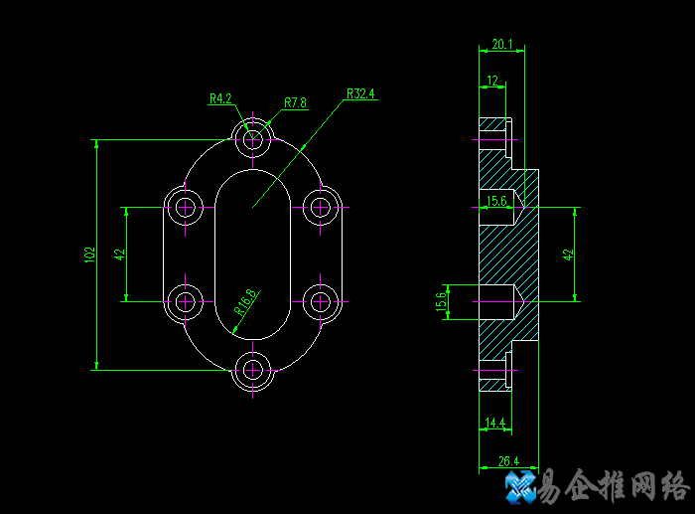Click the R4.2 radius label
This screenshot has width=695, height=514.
click(220, 98)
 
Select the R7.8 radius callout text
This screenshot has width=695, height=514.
click(295, 102)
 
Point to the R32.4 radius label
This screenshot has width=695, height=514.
click(360, 94)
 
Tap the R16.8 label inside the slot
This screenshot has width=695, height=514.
click(245, 301)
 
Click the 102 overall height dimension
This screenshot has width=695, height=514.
click(89, 255)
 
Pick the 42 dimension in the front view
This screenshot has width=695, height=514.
click(120, 254)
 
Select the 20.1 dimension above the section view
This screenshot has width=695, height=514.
click(501, 44)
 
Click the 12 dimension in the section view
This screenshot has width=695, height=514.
click(491, 81)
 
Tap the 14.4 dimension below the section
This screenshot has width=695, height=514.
click(493, 424)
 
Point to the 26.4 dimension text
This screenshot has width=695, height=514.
click(507, 460)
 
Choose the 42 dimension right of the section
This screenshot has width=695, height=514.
click(569, 254)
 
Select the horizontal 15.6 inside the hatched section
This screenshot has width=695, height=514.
click(496, 201)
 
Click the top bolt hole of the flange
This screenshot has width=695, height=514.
click(253, 137)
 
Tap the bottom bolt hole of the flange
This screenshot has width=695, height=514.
click(253, 370)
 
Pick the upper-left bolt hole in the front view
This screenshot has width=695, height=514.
click(185, 208)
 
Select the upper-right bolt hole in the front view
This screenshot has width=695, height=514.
click(321, 208)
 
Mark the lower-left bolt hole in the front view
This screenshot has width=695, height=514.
click(185, 299)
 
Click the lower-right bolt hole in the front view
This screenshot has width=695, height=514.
click(321, 299)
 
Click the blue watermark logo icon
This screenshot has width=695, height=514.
click(520, 486)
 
